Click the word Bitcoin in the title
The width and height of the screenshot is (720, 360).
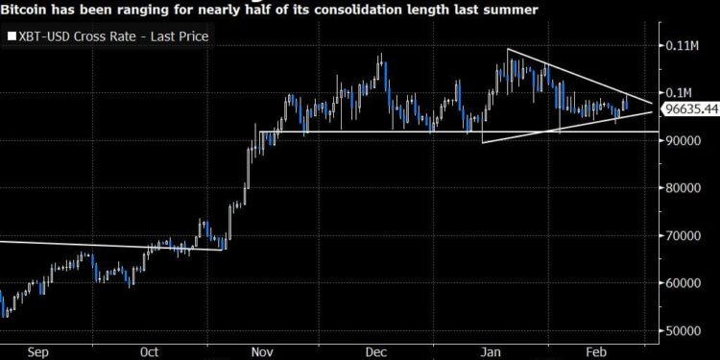point(30,10)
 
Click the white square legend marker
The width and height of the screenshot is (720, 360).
point(11,36)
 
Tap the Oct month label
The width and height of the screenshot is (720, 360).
point(149,351)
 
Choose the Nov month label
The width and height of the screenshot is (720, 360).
point(261,351)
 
